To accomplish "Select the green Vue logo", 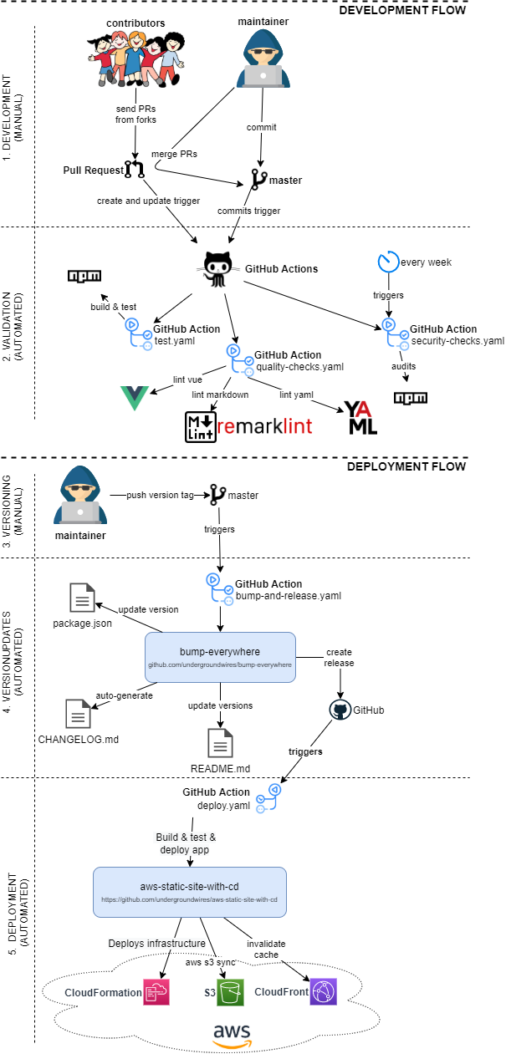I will pyautogui.click(x=134, y=397).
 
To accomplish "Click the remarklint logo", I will pyautogui.click(x=248, y=426).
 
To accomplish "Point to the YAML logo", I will pyautogui.click(x=360, y=416).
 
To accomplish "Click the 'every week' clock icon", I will pyautogui.click(x=388, y=262).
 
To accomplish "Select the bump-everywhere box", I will pyautogui.click(x=220, y=657).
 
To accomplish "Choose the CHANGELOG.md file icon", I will pyautogui.click(x=79, y=690).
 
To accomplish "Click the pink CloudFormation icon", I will pyautogui.click(x=156, y=992).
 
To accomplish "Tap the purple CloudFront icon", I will pyautogui.click(x=324, y=992).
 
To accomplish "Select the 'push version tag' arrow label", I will pyautogui.click(x=160, y=495).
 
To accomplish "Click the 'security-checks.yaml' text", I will pyautogui.click(x=457, y=340).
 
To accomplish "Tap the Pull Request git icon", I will pyautogui.click(x=134, y=171).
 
